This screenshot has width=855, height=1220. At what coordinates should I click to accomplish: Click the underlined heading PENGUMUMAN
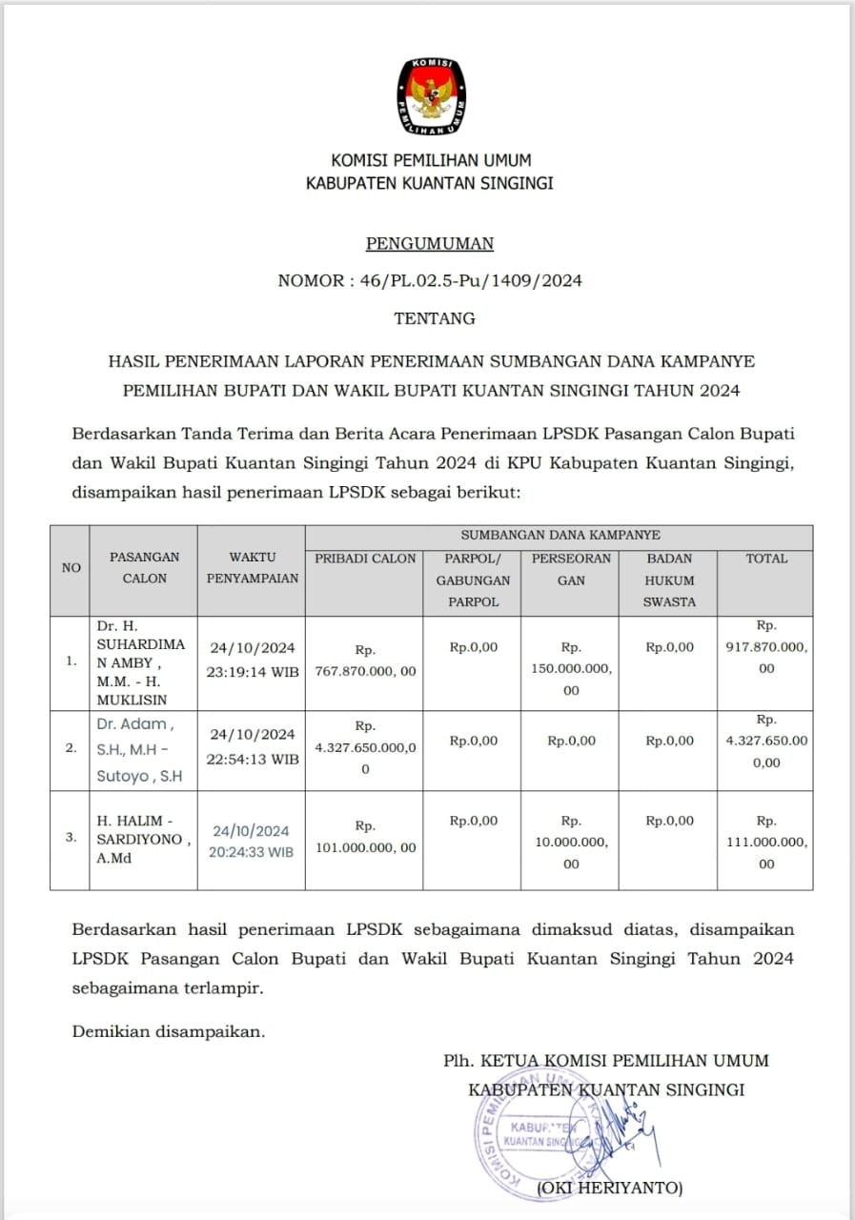(x=430, y=243)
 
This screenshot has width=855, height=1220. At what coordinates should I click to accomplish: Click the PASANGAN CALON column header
(x=144, y=567)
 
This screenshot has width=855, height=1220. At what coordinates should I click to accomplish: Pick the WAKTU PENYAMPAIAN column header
(x=252, y=567)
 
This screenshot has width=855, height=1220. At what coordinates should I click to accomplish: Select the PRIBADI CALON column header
(x=365, y=559)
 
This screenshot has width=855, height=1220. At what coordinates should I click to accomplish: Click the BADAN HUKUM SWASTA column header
(x=668, y=579)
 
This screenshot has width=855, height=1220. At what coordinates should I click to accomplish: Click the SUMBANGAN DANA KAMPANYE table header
(x=560, y=536)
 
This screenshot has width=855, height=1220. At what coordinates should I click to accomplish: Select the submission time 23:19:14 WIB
(x=252, y=671)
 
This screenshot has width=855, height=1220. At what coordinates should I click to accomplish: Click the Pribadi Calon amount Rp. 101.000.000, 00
(x=365, y=837)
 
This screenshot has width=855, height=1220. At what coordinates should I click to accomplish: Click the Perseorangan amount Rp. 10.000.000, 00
(x=571, y=842)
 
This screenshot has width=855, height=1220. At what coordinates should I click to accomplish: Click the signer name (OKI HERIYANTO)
(x=610, y=1188)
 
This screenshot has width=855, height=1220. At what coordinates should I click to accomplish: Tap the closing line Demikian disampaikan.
(x=169, y=1030)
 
